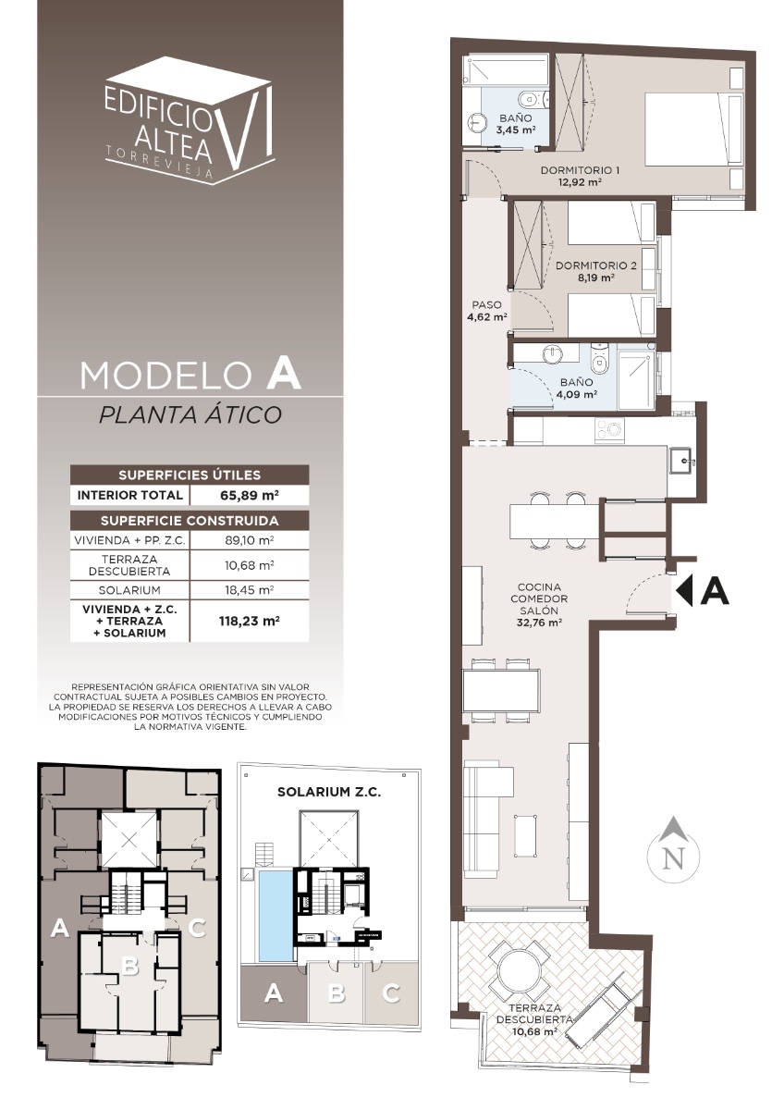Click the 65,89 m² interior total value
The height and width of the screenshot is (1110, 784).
click(249, 495)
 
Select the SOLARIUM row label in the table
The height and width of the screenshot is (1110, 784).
click(129, 590)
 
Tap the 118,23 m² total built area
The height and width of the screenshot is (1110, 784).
click(249, 621)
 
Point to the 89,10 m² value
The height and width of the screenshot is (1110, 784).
click(249, 540)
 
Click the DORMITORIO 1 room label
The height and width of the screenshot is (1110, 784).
click(580, 170)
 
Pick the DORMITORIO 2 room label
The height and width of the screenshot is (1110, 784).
click(596, 265)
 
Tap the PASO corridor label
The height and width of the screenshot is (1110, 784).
click(487, 304)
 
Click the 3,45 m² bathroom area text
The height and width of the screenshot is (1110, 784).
click(516, 130)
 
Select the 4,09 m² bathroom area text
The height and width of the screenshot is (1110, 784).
click(577, 394)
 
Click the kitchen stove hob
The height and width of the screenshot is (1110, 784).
click(609, 429)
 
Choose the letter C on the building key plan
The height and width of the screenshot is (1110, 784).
click(197, 928)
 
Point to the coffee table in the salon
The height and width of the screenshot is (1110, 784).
click(525, 835)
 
